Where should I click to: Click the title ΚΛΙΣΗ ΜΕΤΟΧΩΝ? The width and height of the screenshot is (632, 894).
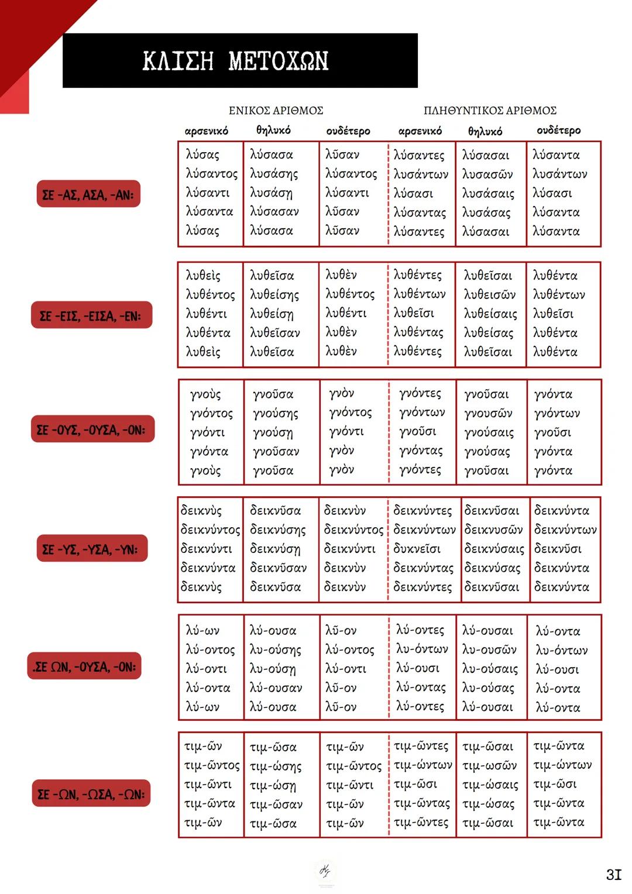(235, 61)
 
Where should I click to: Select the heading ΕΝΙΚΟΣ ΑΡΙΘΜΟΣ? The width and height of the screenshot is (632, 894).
(276, 111)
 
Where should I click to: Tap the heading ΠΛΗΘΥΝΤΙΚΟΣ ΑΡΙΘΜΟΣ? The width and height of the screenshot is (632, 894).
(490, 111)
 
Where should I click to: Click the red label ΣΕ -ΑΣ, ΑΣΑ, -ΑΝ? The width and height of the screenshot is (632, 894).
(88, 194)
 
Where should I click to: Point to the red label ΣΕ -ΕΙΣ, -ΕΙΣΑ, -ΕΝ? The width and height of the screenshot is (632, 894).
(91, 316)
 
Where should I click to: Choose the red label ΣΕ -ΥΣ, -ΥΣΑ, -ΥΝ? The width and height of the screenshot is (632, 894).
(91, 549)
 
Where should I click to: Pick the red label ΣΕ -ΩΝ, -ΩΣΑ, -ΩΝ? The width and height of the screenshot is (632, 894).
(91, 794)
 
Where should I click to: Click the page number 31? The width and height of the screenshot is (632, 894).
(613, 875)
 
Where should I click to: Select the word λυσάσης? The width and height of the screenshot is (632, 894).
(274, 174)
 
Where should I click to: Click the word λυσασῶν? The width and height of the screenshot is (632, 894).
(487, 174)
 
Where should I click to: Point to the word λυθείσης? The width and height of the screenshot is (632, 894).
(274, 295)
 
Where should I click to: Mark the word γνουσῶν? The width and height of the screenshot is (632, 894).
(488, 414)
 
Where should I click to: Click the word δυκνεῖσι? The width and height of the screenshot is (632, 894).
(417, 549)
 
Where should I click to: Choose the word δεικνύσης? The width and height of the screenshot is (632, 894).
(277, 530)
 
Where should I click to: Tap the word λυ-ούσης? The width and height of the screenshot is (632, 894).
(275, 650)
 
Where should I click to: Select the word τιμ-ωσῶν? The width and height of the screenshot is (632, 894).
(489, 765)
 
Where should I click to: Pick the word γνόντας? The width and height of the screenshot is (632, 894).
(421, 451)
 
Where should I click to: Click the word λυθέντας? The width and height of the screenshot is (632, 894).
(418, 332)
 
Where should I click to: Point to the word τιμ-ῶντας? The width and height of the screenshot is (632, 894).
(421, 803)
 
